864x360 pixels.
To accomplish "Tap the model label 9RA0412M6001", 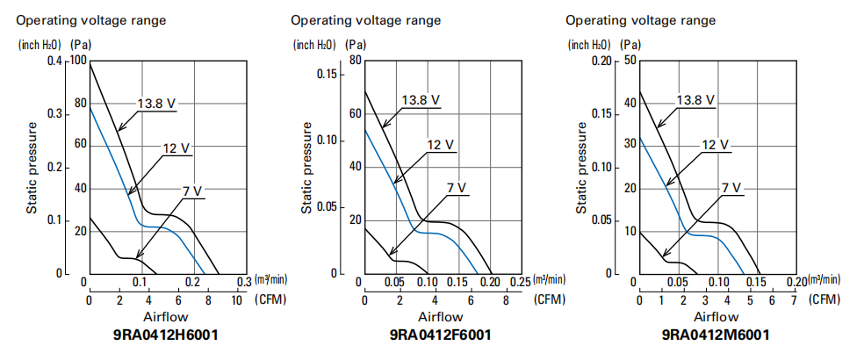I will (x=716, y=335).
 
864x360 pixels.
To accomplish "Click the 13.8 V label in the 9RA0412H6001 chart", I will (x=155, y=104).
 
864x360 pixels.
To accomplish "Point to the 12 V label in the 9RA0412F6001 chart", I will (x=440, y=145).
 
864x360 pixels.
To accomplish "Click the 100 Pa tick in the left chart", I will (x=77, y=61).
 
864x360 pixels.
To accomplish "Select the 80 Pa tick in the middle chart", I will (x=355, y=61).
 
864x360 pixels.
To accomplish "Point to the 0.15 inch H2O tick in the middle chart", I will (x=327, y=74).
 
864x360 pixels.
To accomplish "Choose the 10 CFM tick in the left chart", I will (x=236, y=299).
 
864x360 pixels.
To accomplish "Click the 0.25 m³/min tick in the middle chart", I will (x=520, y=281).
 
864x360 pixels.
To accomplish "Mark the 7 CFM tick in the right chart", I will (x=793, y=299).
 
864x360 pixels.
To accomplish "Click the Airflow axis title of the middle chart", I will (x=440, y=316).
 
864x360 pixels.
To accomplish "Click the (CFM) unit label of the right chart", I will (x=824, y=299).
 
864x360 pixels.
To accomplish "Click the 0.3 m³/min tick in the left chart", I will (x=243, y=281).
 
